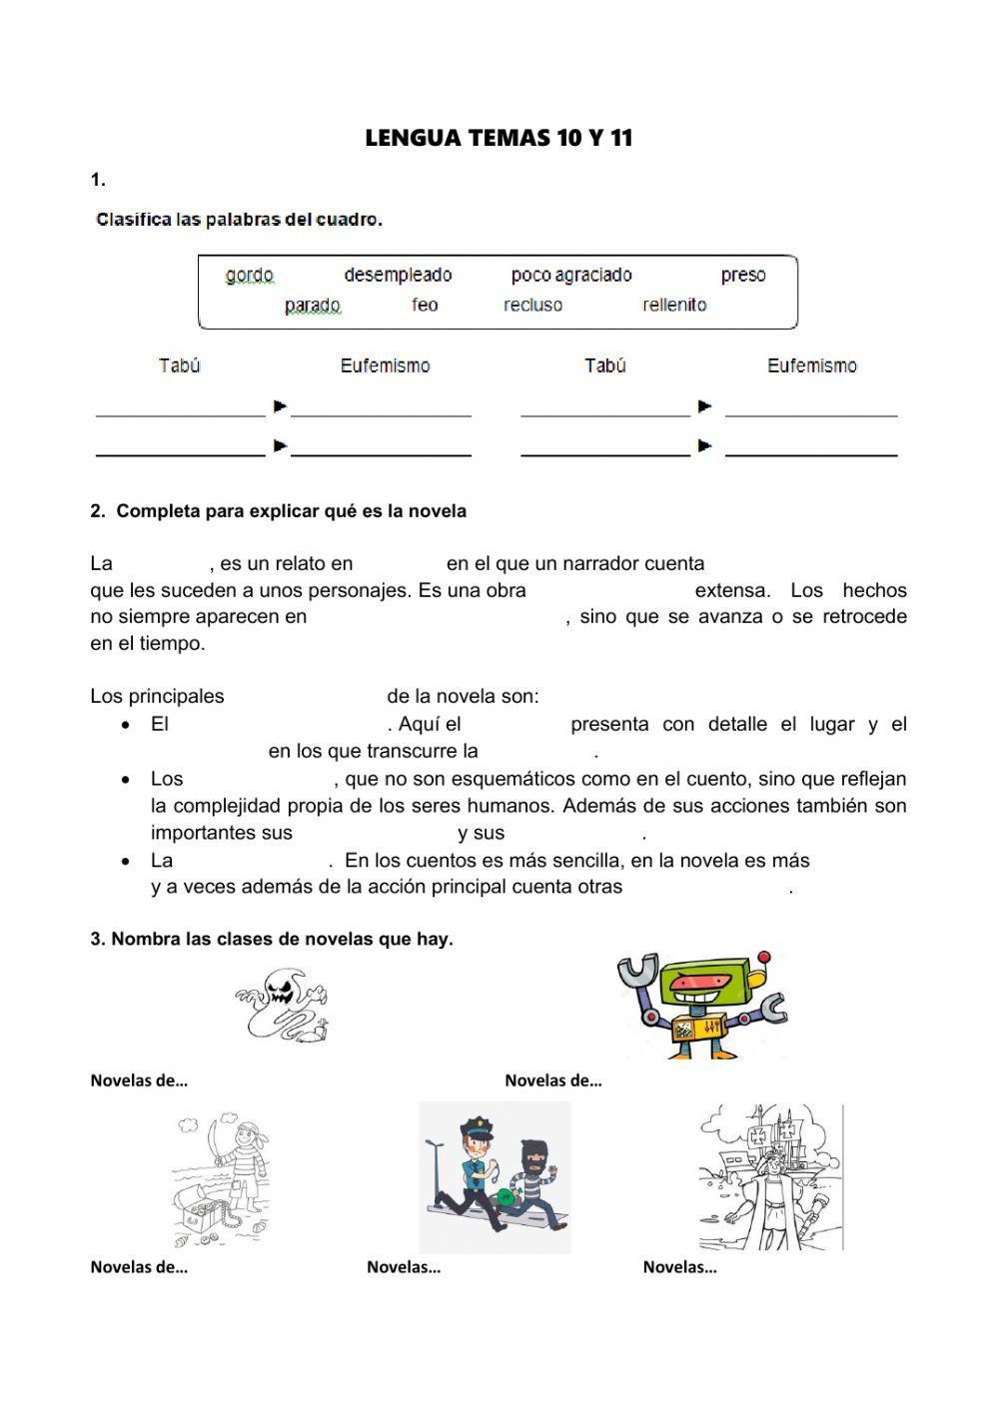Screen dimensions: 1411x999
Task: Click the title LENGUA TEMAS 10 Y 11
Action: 499,139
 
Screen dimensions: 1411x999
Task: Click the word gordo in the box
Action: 249,276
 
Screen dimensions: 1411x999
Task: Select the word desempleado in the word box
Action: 398,275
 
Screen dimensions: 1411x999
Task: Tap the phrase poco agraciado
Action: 571,275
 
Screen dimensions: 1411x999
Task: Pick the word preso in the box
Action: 743,275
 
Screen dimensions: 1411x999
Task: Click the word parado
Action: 312,306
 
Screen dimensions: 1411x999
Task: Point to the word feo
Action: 425,305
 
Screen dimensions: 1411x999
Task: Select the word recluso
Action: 532,305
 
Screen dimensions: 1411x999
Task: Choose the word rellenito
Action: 674,305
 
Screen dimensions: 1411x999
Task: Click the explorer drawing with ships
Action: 769,1178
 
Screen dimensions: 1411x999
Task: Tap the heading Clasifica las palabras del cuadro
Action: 239,220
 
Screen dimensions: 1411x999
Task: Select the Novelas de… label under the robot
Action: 552,1079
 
